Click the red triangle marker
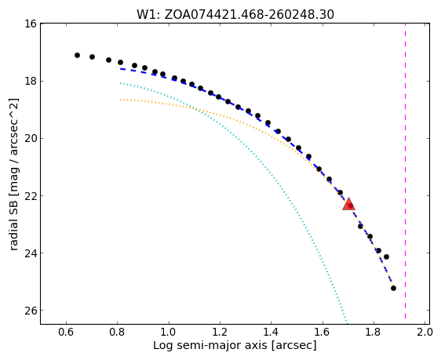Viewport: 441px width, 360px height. [348, 204]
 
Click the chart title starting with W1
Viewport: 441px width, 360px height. [235, 15]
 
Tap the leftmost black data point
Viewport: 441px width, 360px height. [78, 56]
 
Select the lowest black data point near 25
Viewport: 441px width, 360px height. [393, 288]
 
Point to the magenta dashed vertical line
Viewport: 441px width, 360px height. [405, 171]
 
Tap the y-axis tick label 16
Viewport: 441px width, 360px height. [30, 24]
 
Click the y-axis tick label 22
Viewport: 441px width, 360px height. [30, 195]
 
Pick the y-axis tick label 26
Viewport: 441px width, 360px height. [30, 311]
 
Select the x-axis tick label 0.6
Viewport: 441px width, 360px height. [66, 333]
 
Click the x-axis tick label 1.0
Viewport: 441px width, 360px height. [169, 333]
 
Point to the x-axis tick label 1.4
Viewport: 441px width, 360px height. [271, 333]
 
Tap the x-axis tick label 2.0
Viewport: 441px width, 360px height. [425, 333]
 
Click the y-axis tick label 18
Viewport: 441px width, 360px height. [30, 81]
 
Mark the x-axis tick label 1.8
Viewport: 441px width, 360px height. [374, 333]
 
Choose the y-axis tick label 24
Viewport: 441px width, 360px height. [30, 253]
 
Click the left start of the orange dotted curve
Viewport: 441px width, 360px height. [120, 99]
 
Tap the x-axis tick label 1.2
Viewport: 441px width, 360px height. [220, 333]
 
